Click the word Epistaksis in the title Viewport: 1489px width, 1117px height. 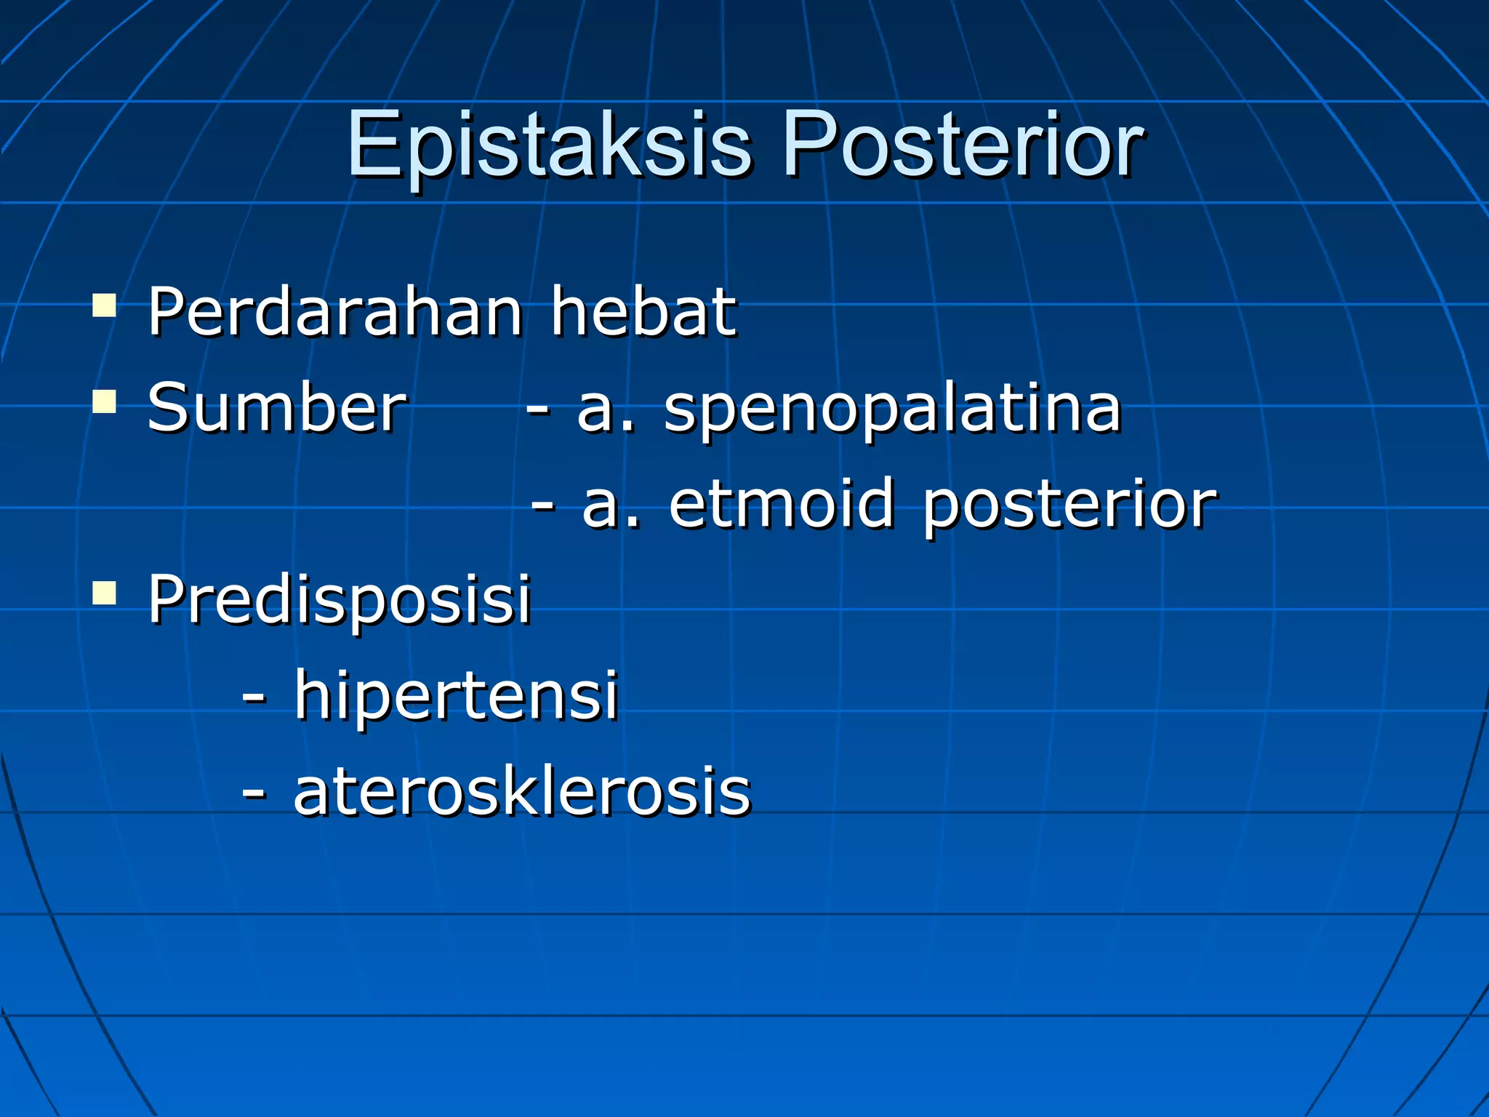(x=549, y=145)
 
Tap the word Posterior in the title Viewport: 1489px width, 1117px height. (x=963, y=145)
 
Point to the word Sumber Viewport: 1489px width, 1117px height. (x=276, y=409)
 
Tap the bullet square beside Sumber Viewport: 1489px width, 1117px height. (x=105, y=401)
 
